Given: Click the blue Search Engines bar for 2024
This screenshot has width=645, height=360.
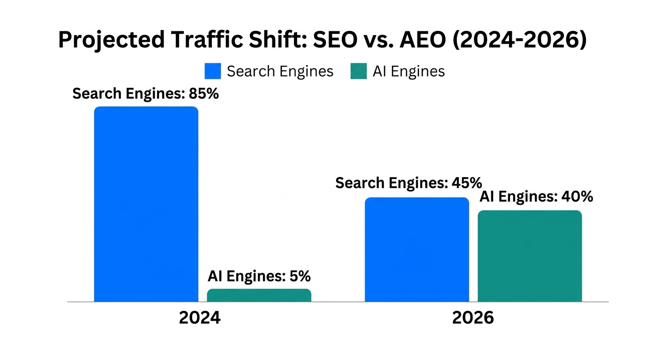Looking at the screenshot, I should pos(146,204).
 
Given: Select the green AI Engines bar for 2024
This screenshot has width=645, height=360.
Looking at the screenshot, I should pos(259,295).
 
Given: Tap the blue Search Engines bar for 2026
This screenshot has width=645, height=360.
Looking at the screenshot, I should pos(417,249).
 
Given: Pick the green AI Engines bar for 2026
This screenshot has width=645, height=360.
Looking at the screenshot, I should pos(530,256).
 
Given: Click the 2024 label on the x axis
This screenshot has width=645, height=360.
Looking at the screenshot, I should pos(200,318).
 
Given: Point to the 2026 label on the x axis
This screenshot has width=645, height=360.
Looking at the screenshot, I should pos(473,318).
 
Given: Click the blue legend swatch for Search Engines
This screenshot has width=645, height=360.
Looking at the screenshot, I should pos(213,71).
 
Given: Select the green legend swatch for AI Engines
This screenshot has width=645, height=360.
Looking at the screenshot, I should pos(359,71).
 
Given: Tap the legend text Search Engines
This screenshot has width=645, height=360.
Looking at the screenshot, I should pos(280,71).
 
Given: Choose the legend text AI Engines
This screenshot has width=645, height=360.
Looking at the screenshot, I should pos(408,71).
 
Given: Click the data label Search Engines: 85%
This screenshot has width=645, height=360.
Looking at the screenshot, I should pos(145,94).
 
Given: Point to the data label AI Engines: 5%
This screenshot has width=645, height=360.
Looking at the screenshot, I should pos(259,276).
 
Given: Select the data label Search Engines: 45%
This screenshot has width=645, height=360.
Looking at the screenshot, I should pos(408,183).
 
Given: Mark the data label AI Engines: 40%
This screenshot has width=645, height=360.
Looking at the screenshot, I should pos(536,196).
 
